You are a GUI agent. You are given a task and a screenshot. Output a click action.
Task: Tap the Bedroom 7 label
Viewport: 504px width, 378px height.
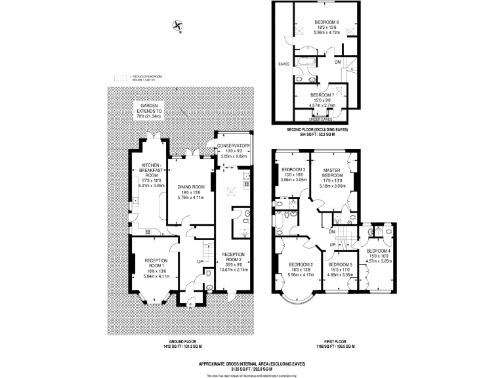coord(326,95)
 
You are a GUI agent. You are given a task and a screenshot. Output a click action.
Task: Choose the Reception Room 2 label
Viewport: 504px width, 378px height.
coord(234,255)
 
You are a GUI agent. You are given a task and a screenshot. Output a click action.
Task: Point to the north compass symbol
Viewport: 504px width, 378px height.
coord(177,26)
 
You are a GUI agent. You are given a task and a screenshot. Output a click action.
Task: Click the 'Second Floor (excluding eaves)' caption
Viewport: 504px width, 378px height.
coord(318,129)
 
